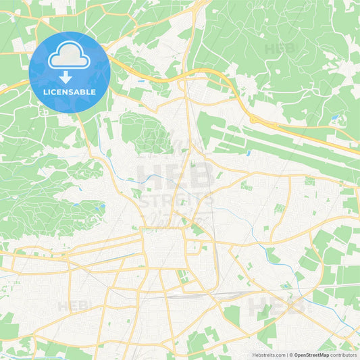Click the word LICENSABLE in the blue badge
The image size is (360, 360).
tap(70, 92)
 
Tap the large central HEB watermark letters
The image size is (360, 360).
tap(176, 175)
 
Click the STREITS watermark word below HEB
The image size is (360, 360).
tap(176, 200)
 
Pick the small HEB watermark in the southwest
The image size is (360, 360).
tap(72, 306)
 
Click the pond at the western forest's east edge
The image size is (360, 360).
tap(102, 207)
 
